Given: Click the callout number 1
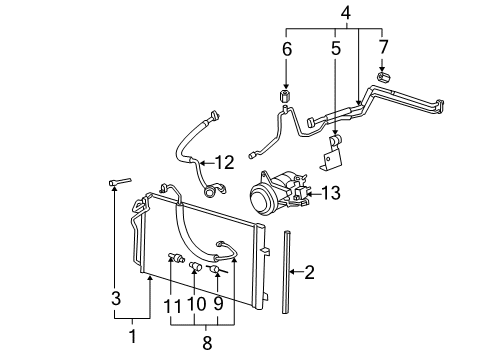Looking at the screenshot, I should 131,336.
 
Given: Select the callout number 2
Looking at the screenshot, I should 310,270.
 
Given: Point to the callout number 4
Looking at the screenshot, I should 345,13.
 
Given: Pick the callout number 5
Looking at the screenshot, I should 333,46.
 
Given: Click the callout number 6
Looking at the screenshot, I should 285,46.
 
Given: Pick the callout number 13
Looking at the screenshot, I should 331,193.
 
